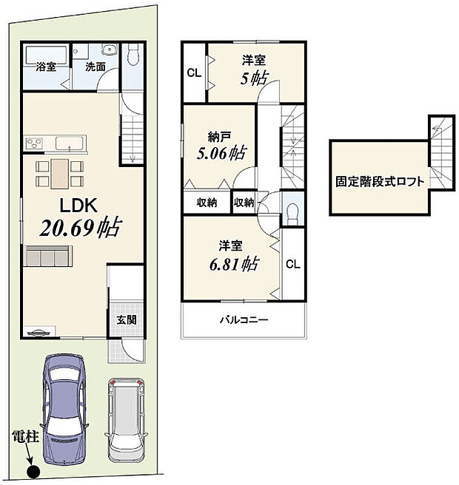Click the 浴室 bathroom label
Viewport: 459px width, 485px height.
pos(46,67)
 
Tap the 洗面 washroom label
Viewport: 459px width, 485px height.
pos(94,67)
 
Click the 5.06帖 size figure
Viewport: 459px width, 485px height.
pos(221,155)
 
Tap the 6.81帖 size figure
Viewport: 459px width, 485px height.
pos(232,262)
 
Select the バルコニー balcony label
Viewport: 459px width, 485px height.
pos(243,321)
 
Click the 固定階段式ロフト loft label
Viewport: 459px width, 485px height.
pos(381,180)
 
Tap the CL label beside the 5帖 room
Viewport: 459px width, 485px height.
pos(193,72)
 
